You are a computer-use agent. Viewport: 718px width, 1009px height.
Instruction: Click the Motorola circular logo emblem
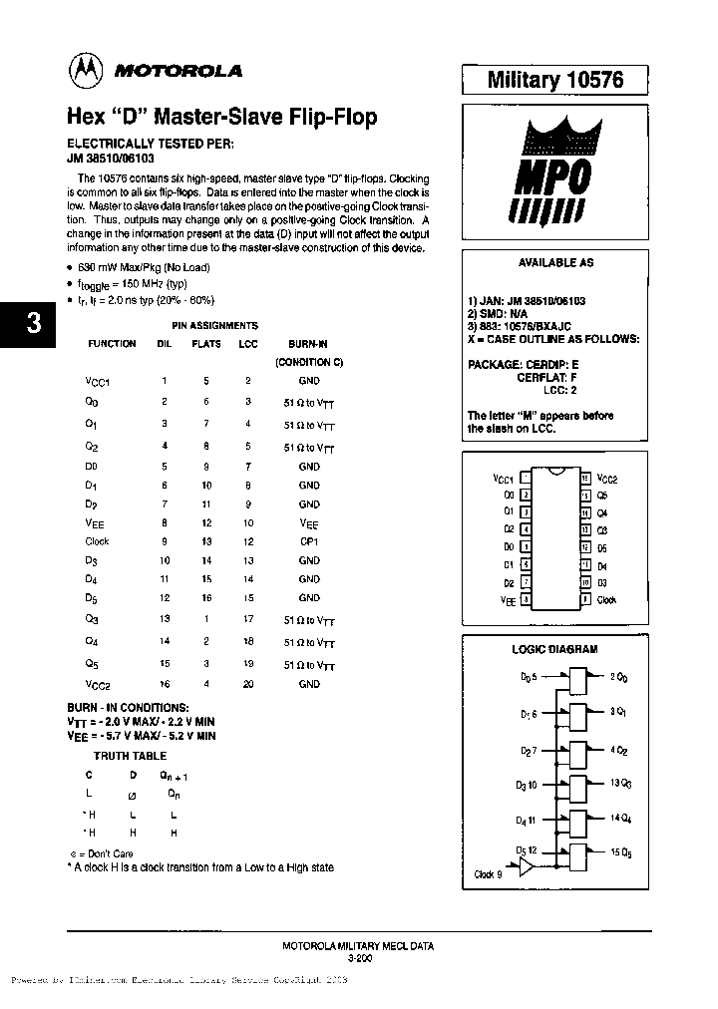[84, 70]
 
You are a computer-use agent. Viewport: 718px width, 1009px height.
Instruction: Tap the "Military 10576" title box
[554, 81]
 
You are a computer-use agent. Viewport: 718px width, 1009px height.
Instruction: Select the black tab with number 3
[33, 324]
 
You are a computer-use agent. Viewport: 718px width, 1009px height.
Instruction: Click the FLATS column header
[207, 344]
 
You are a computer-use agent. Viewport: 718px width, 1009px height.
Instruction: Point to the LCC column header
[248, 344]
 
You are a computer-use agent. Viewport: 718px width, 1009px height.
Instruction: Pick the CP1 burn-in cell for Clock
[309, 541]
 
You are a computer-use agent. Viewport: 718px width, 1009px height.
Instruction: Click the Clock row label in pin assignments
[97, 541]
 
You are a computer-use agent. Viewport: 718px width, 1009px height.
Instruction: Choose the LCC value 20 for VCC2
[249, 684]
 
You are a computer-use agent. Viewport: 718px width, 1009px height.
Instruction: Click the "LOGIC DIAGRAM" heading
[554, 649]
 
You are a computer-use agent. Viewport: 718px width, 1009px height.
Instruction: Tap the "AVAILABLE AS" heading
[555, 263]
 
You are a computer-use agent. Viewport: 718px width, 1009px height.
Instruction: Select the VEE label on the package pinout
[507, 601]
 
